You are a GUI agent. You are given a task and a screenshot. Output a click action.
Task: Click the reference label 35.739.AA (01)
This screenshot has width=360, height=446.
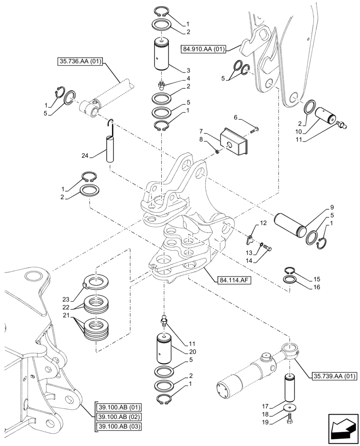point(332,376)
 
